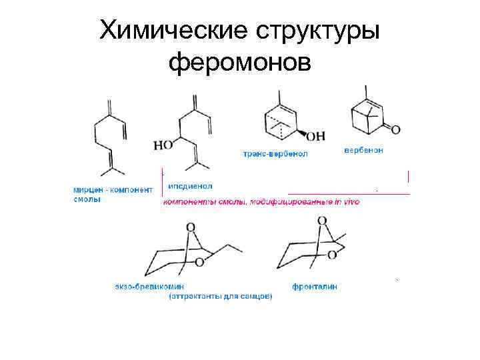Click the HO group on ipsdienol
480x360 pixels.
(x=162, y=144)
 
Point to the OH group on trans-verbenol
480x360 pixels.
(x=316, y=135)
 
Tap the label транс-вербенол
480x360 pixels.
(x=275, y=153)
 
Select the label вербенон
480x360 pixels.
(x=363, y=150)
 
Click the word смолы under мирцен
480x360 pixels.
(x=87, y=199)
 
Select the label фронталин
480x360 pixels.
(x=315, y=287)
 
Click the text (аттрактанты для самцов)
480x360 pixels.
(x=220, y=296)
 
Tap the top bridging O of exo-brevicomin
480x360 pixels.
(x=191, y=227)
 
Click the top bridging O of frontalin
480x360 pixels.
(x=323, y=221)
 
